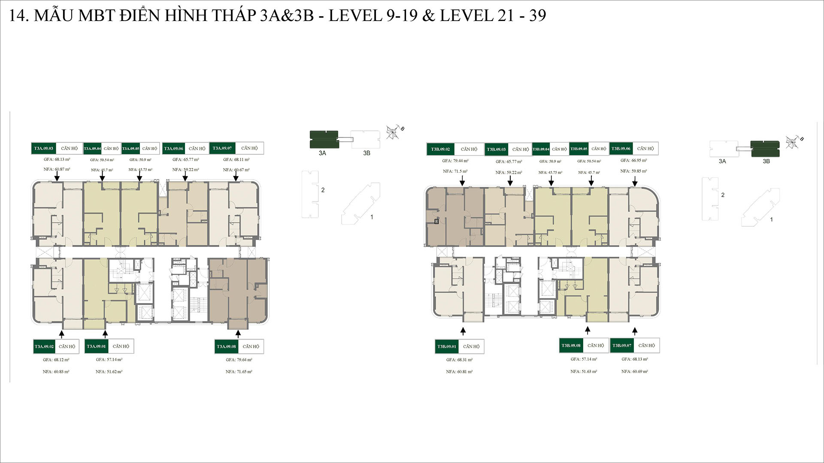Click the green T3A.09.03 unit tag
(44, 148)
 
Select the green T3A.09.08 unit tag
(226, 346)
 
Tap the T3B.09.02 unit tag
(440, 149)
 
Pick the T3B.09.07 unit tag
(622, 346)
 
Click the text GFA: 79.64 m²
(239, 360)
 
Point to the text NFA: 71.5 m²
(455, 171)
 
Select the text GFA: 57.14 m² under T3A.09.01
(109, 360)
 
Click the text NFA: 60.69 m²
(635, 372)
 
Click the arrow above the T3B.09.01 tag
(463, 331)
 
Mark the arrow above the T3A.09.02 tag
(62, 334)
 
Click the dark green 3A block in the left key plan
(324, 140)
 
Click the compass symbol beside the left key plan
(393, 132)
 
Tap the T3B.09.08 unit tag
(571, 346)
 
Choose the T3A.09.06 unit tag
(173, 148)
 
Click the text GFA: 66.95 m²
(633, 161)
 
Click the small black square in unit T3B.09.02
(436, 222)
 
